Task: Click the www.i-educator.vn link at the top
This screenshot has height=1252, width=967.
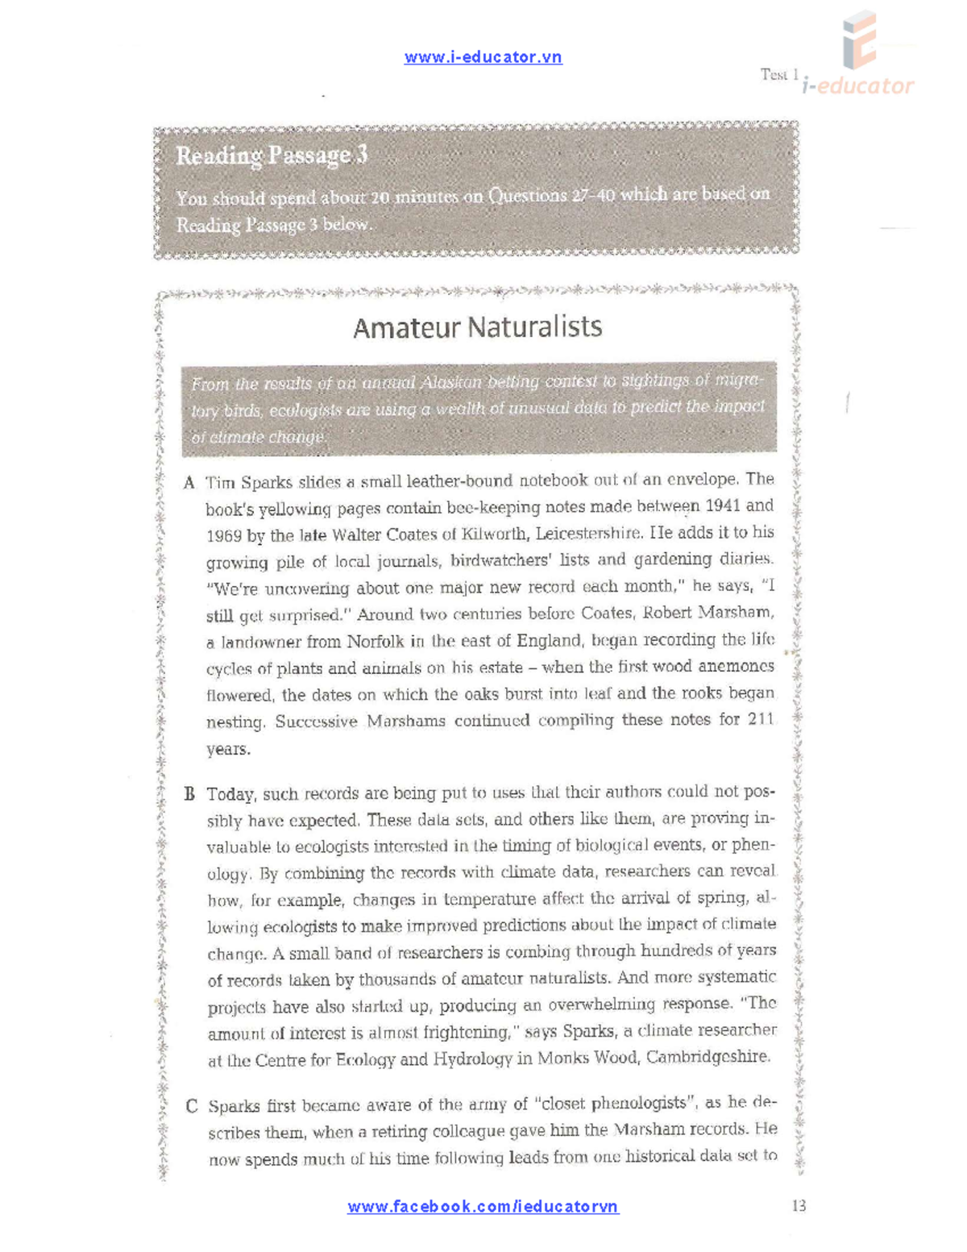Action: coord(483,57)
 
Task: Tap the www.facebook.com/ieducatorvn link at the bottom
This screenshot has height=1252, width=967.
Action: coord(483,1207)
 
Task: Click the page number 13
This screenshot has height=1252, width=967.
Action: coord(799,1206)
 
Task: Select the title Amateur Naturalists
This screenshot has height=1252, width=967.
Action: coord(477,327)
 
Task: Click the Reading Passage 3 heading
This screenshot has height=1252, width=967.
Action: coord(272,155)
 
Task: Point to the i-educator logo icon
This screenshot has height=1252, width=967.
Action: coord(859,40)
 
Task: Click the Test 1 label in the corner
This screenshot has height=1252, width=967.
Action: coord(779,75)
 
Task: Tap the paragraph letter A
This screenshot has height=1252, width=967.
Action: coord(189,483)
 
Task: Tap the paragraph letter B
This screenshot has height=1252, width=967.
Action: coord(189,794)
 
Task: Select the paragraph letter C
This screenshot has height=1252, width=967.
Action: coord(191,1106)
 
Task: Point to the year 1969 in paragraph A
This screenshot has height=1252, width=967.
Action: coord(223,536)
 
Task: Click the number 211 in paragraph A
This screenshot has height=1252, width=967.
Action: coord(761,719)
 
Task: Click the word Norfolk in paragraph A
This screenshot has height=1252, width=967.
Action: coord(375,642)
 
